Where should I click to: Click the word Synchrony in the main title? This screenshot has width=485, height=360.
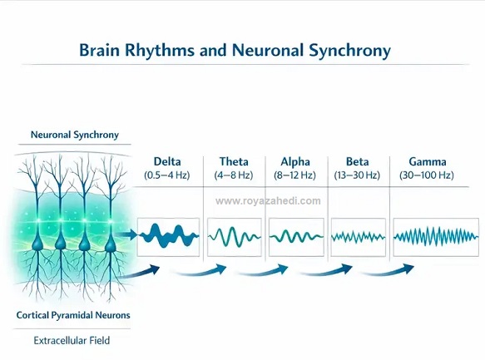pyautogui.click(x=350, y=51)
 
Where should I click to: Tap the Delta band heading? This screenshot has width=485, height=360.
pyautogui.click(x=167, y=161)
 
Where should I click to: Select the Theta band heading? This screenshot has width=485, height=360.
pyautogui.click(x=234, y=161)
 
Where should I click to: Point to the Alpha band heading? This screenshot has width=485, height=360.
pyautogui.click(x=295, y=162)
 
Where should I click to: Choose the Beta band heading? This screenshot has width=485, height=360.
pyautogui.click(x=357, y=161)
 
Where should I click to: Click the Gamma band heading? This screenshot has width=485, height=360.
pyautogui.click(x=427, y=161)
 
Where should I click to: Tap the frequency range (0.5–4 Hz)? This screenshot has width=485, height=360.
pyautogui.click(x=167, y=175)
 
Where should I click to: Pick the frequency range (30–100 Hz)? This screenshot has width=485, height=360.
pyautogui.click(x=427, y=175)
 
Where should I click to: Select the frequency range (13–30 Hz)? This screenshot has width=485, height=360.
pyautogui.click(x=357, y=175)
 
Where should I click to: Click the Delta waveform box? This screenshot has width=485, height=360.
pyautogui.click(x=168, y=237)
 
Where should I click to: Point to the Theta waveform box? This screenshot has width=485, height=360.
pyautogui.click(x=235, y=237)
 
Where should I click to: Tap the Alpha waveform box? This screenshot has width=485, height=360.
pyautogui.click(x=296, y=237)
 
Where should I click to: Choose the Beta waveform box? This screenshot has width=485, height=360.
pyautogui.click(x=359, y=237)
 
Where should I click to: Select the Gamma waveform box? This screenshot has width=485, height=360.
pyautogui.click(x=436, y=237)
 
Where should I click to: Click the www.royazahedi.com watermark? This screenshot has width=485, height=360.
pyautogui.click(x=268, y=201)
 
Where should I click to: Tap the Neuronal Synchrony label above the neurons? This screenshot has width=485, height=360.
pyautogui.click(x=75, y=135)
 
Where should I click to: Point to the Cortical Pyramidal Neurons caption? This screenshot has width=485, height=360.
pyautogui.click(x=73, y=315)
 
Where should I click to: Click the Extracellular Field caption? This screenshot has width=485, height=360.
pyautogui.click(x=72, y=341)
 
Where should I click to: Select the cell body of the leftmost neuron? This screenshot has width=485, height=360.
pyautogui.click(x=37, y=244)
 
